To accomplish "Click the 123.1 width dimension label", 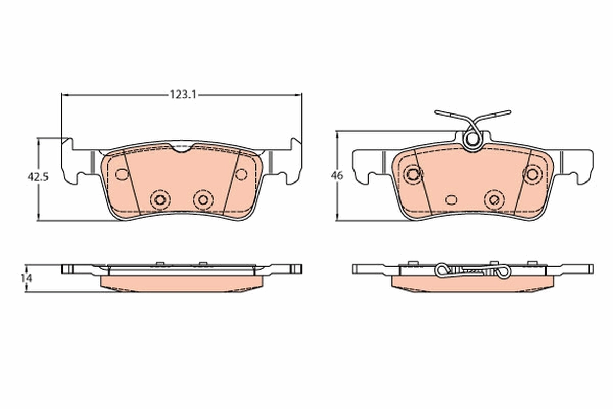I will click(181, 95).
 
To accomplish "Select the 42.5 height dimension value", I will click(38, 177).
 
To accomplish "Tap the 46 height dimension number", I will click(337, 175).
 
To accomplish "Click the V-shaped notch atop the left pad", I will click(181, 148).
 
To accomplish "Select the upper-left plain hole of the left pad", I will click(122, 174).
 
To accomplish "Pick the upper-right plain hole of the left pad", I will click(241, 174).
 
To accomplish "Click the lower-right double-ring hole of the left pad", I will click(203, 199).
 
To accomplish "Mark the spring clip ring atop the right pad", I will click(472, 139).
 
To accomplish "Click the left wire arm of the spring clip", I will click(452, 115).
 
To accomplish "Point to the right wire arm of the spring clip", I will click(493, 115).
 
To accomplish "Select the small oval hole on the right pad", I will click(451, 199).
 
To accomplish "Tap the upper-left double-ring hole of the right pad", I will click(412, 174).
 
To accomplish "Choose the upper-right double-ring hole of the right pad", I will click(532, 174).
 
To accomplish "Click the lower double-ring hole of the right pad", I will click(494, 199).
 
